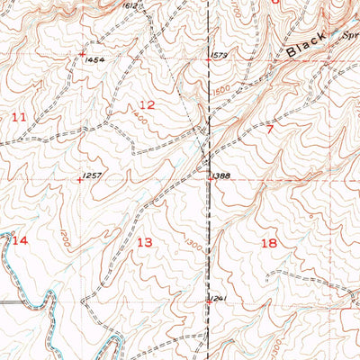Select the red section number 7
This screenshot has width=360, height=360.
269,129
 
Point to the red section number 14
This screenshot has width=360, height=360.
20,240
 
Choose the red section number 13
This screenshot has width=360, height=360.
144,242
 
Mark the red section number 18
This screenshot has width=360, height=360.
268,243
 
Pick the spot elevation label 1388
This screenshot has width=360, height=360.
224,175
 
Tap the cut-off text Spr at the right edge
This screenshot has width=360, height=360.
350,37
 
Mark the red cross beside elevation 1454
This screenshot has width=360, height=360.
82,54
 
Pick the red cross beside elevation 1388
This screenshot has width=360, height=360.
211,177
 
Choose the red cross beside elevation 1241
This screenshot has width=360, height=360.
209,302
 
